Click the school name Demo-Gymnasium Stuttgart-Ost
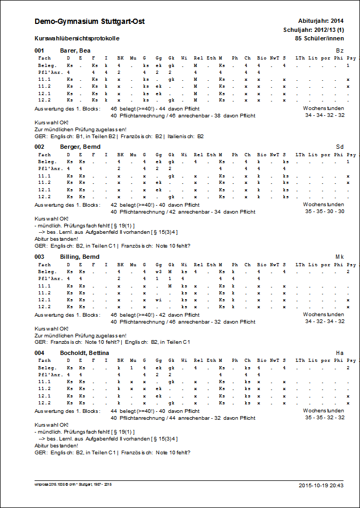[89, 22]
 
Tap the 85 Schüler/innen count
[319, 38]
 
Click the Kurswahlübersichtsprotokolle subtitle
[77, 39]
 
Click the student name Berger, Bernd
[80, 146]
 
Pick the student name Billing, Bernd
[80, 257]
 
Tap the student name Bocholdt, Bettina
[85, 353]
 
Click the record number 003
[39, 257]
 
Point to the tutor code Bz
[340, 50]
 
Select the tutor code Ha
[340, 353]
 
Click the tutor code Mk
[340, 257]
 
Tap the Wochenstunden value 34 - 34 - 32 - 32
[324, 115]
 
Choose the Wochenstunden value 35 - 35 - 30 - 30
[324, 211]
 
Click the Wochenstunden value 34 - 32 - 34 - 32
[324, 321]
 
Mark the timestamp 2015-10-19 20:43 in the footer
[321, 485]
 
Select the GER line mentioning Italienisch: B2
[119, 136]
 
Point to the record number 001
[39, 50]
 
